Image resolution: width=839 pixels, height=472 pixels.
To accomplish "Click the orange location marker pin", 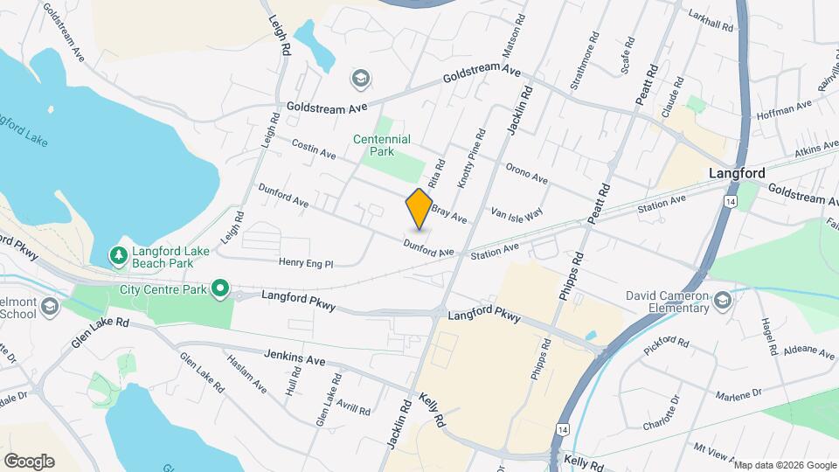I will pyautogui.click(x=419, y=208).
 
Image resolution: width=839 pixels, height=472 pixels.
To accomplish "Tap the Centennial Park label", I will pyautogui.click(x=382, y=145).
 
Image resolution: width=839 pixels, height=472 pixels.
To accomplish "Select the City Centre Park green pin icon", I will pyautogui.click(x=221, y=288).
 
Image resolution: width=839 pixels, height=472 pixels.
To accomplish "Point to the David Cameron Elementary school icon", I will pyautogui.click(x=722, y=301).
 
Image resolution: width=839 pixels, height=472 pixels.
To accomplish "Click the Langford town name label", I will pyautogui.click(x=737, y=173).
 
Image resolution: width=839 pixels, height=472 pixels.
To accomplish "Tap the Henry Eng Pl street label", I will pyautogui.click(x=306, y=262).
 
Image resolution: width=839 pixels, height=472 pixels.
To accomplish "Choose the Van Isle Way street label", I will pyautogui.click(x=517, y=212).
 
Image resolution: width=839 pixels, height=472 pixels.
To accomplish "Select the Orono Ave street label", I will pyautogui.click(x=526, y=174).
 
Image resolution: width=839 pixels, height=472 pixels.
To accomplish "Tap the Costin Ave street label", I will pyautogui.click(x=314, y=149).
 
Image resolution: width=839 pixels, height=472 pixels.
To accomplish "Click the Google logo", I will pyautogui.click(x=28, y=462).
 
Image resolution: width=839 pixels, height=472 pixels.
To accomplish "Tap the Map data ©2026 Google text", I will pyautogui.click(x=784, y=465).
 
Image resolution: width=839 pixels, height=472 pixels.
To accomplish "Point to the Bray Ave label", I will pyautogui.click(x=449, y=210).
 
